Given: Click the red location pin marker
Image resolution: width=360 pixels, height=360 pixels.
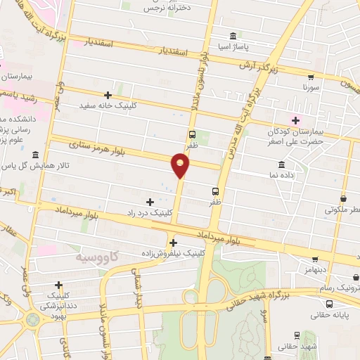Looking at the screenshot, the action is tap(181, 165).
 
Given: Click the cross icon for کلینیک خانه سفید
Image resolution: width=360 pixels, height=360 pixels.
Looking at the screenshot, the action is tap(108, 94).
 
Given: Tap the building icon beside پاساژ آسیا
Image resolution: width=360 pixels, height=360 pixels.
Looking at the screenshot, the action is tap(233, 36).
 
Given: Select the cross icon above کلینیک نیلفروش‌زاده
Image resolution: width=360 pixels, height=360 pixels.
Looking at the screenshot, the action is tap(173, 243).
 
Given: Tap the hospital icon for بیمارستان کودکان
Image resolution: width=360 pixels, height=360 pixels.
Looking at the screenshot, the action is tap(296, 120).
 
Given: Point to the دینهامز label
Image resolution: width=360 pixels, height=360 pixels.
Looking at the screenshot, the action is tap(315, 269).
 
